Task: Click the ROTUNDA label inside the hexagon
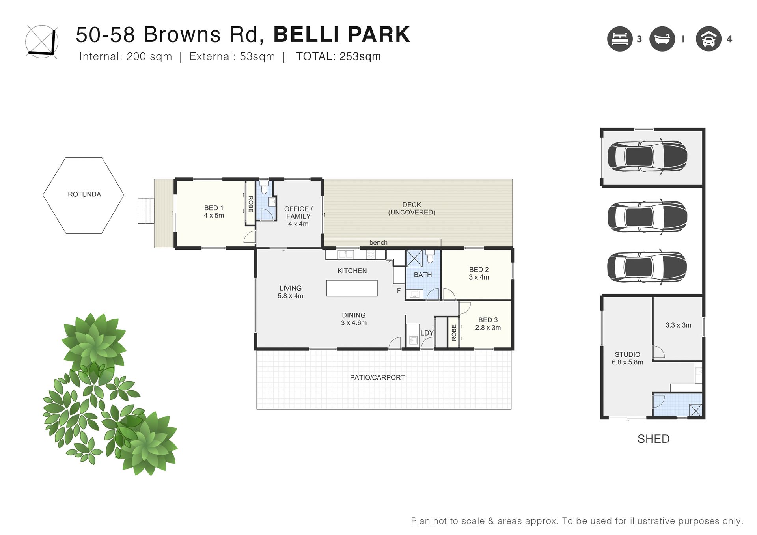pos(84,194)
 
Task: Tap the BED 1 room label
pos(214,208)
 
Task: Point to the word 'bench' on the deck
pos(378,243)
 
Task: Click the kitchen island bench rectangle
pos(352,288)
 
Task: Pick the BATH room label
pos(423,275)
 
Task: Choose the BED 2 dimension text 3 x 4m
pos(479,277)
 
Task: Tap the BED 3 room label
pos(488,320)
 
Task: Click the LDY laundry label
pos(427,333)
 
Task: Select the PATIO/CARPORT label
pos(377,378)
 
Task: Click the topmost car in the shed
pos(647,156)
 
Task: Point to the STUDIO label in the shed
pos(628,355)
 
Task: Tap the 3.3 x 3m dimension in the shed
pos(679,325)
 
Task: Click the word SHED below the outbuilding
pos(654,439)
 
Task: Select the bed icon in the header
pos(620,39)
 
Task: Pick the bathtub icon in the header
pos(662,39)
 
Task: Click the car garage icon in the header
pos(709,39)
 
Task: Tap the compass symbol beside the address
pos(42,42)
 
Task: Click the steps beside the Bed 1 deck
pos(145,211)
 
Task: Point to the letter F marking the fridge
pos(399,291)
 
